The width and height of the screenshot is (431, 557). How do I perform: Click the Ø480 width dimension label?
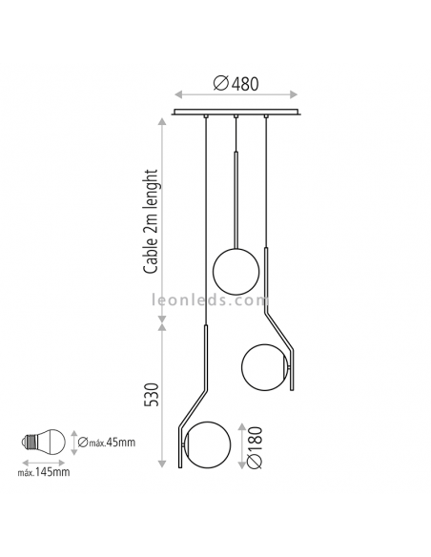click(x=235, y=83)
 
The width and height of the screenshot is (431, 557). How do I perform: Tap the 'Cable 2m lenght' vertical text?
click(x=152, y=220)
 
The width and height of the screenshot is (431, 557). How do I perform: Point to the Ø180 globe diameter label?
click(x=253, y=445)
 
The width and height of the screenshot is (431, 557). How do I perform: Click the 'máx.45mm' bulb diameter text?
click(x=104, y=441)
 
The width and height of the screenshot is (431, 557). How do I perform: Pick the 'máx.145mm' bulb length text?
click(x=47, y=470)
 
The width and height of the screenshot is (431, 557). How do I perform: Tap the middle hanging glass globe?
click(x=235, y=270)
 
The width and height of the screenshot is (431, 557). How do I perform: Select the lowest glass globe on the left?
click(x=206, y=444)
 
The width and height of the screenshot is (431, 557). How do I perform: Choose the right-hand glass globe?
click(x=262, y=363)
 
